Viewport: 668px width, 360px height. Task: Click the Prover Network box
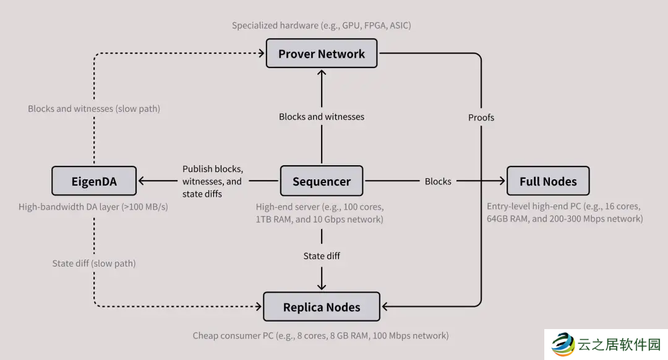point(322,54)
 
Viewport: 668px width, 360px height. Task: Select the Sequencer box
point(322,181)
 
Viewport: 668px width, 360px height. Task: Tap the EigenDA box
point(93,181)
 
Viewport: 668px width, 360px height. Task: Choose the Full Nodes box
point(548,181)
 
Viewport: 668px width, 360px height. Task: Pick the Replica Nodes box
point(322,307)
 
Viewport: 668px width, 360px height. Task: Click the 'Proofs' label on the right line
point(481,117)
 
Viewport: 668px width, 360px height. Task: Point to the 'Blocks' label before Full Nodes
point(438,181)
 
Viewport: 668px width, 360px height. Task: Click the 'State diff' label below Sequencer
point(322,255)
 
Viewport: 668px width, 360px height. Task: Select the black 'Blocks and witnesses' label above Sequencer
point(322,116)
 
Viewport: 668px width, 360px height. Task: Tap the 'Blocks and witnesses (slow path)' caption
point(94,108)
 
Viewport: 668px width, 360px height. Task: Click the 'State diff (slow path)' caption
point(94,263)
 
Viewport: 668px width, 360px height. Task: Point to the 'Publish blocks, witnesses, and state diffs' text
point(212,181)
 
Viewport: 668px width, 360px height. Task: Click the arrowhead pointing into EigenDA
point(142,181)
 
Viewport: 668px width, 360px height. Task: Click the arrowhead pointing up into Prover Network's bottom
point(322,72)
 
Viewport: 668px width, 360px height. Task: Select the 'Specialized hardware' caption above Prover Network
point(322,25)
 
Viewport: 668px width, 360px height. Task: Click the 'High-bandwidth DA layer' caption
point(93,207)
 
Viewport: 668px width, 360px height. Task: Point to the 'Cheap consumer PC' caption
point(320,335)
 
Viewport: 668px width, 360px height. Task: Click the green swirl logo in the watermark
point(563,344)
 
